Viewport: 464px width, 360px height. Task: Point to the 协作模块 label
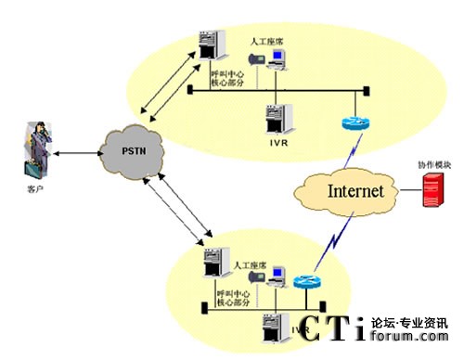pyautogui.click(x=432, y=164)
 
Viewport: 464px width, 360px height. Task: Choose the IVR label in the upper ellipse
pyautogui.click(x=275, y=140)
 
